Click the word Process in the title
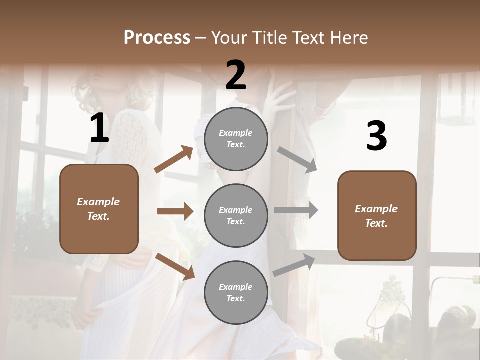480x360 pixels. click(157, 37)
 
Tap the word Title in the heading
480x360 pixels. click(268, 37)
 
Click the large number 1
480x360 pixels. click(99, 128)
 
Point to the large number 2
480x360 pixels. click(236, 75)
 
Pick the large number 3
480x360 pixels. click(376, 136)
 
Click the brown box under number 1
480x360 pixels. click(99, 209)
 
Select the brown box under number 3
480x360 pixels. click(377, 216)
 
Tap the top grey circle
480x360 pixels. click(236, 139)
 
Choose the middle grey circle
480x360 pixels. click(236, 215)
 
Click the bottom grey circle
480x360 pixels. click(236, 292)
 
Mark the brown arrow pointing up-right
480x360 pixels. click(174, 159)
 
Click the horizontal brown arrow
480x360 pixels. click(175, 211)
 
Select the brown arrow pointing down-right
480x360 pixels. click(175, 266)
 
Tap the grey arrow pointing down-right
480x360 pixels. click(297, 160)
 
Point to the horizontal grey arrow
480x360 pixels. click(296, 210)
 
